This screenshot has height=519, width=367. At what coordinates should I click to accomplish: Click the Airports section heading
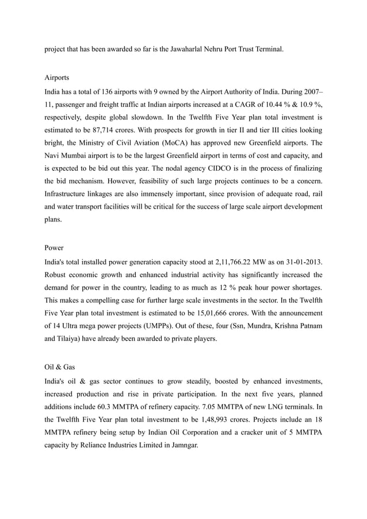point(57,76)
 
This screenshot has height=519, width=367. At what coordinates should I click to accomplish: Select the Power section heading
point(54,248)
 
